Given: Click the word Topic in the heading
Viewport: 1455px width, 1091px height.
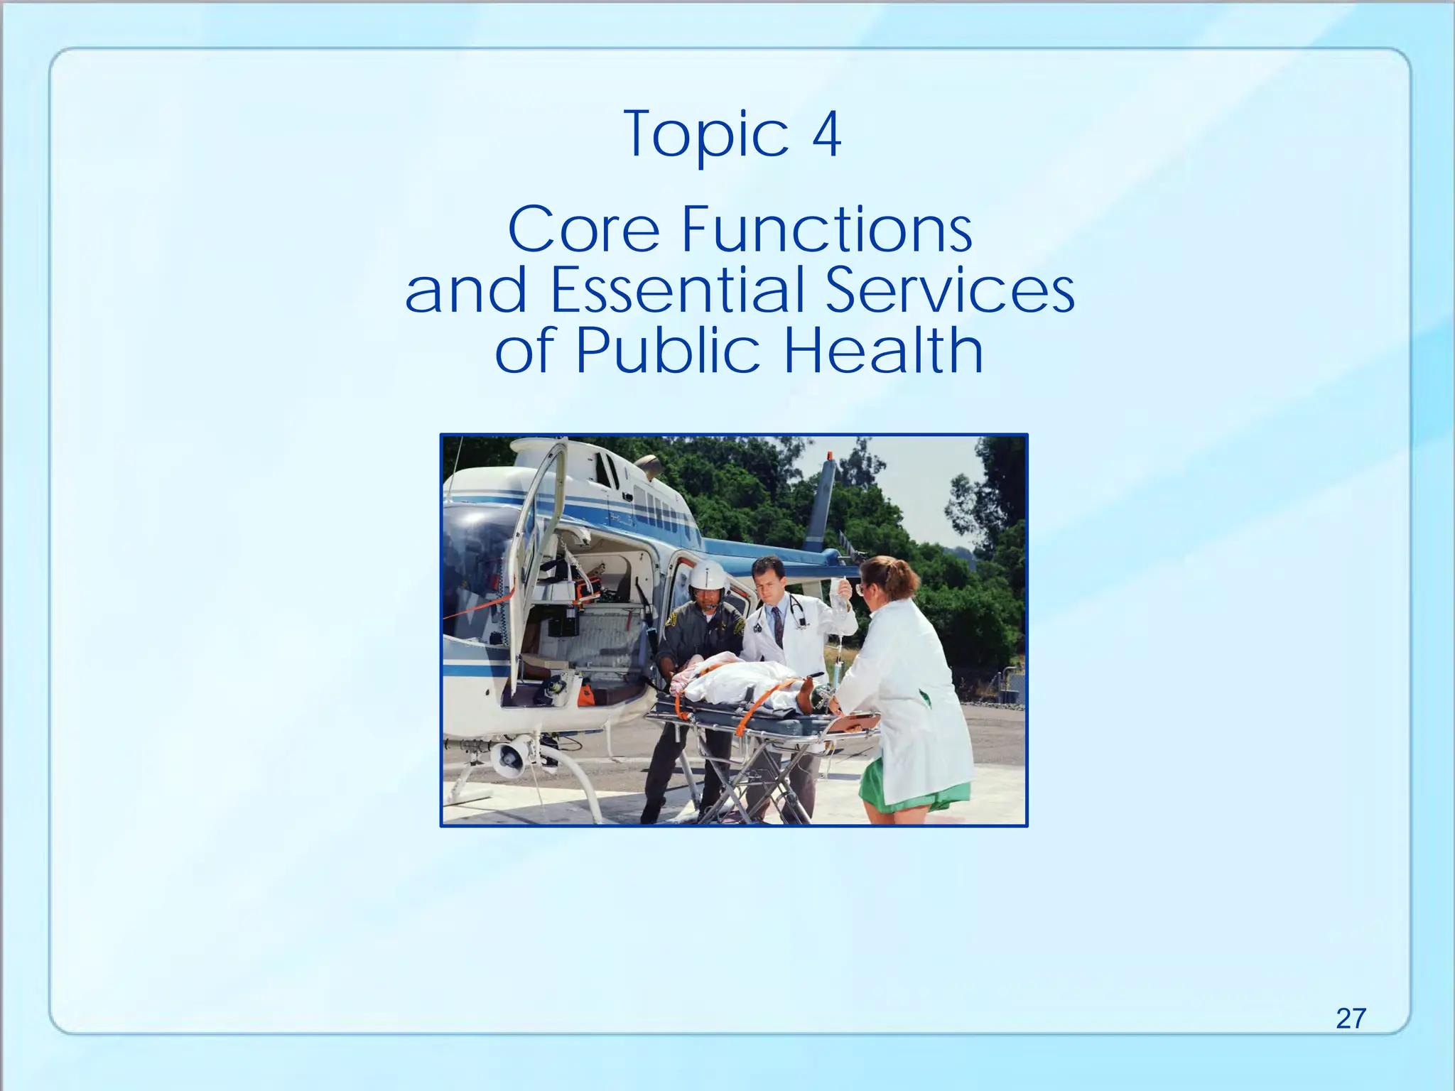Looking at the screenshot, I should pos(706,135).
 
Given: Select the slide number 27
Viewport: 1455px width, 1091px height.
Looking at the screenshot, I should pos(1351,1019).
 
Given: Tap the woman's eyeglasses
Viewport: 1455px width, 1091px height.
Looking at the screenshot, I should pos(862,588).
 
